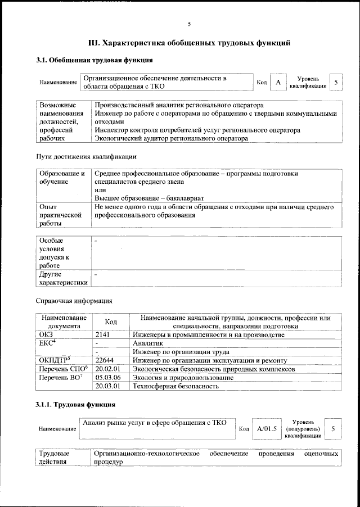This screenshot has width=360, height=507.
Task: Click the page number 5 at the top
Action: coord(189,24)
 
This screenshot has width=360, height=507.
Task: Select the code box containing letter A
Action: coord(278,83)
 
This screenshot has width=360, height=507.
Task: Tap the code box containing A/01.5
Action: coord(267,429)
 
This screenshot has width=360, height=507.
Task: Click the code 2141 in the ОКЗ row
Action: coord(104,334)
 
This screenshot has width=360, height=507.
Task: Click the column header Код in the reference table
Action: coord(111,322)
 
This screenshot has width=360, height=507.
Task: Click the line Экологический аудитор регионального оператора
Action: coord(171,138)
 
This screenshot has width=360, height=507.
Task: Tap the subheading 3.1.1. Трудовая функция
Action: coord(75,404)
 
